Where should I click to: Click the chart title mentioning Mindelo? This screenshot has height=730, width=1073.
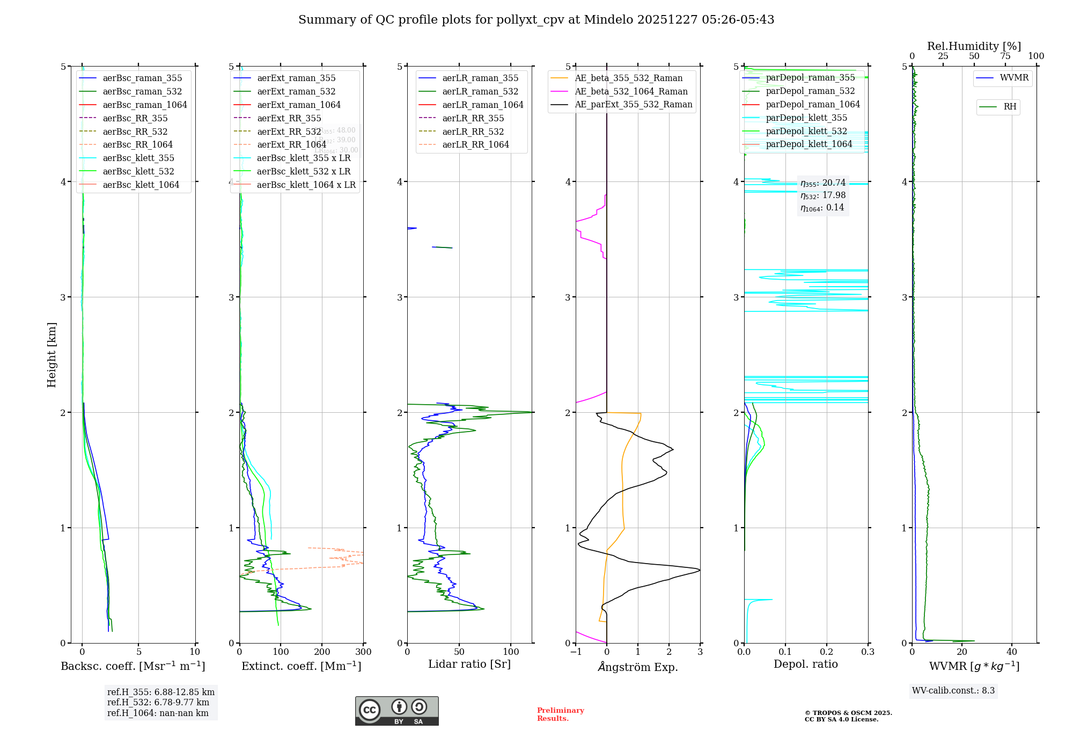pyautogui.click(x=536, y=20)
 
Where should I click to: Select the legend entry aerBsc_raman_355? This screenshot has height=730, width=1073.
pyautogui.click(x=142, y=78)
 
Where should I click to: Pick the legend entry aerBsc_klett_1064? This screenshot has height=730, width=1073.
pyautogui.click(x=141, y=185)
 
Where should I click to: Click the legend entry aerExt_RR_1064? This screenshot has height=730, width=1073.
pyautogui.click(x=291, y=145)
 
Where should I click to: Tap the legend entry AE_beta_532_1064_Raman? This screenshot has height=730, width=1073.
pyautogui.click(x=631, y=91)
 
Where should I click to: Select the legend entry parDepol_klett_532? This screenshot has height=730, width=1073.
pyautogui.click(x=806, y=131)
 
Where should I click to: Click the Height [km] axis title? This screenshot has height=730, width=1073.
pyautogui.click(x=52, y=354)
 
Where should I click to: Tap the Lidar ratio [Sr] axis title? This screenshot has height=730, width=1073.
pyautogui.click(x=469, y=664)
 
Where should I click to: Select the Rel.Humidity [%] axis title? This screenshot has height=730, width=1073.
pyautogui.click(x=974, y=46)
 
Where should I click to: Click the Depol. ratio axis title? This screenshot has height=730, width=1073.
pyautogui.click(x=805, y=664)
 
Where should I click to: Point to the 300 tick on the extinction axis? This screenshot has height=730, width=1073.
pyautogui.click(x=363, y=652)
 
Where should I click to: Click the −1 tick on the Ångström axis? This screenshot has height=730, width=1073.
pyautogui.click(x=575, y=652)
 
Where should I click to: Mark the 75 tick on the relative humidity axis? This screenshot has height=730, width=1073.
pyautogui.click(x=1005, y=56)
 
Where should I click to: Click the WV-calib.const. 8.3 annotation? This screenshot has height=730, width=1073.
pyautogui.click(x=953, y=690)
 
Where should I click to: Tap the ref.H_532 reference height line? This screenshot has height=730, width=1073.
pyautogui.click(x=158, y=702)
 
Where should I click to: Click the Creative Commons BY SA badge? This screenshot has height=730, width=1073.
pyautogui.click(x=396, y=711)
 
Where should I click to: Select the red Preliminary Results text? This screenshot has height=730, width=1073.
pyautogui.click(x=560, y=714)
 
